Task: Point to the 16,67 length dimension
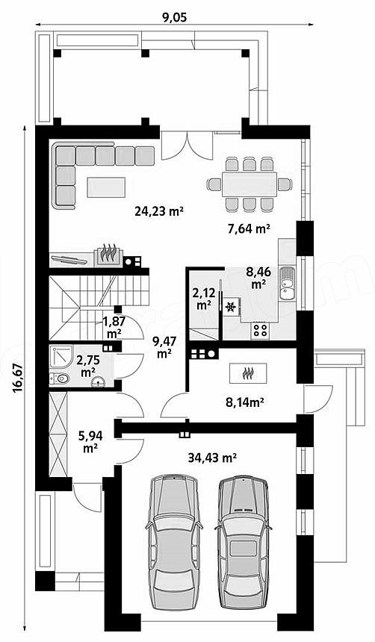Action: (17, 378)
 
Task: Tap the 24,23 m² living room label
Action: (158, 211)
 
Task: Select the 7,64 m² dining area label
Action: (249, 228)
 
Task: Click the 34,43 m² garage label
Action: (213, 458)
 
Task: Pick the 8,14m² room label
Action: (245, 403)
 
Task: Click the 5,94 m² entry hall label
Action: (90, 442)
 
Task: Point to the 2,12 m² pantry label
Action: (203, 298)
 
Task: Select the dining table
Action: (250, 184)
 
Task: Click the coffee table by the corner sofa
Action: (107, 187)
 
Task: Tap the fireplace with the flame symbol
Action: (108, 255)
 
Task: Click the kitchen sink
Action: (287, 283)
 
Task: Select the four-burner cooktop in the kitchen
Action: (260, 330)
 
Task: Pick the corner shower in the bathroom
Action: (60, 357)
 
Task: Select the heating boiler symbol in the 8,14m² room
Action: (248, 373)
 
